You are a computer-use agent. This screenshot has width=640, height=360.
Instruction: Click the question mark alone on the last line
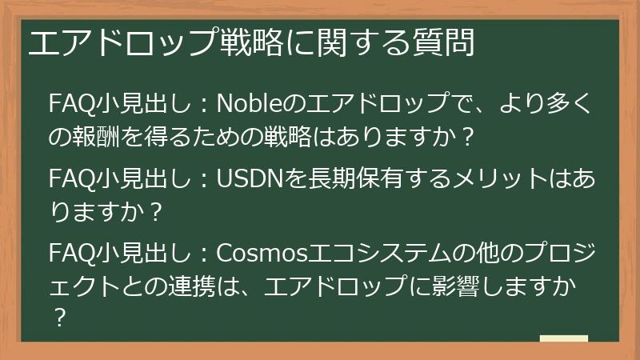pyautogui.click(x=58, y=319)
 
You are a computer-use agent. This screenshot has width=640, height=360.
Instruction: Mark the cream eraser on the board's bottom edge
pyautogui.click(x=564, y=339)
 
